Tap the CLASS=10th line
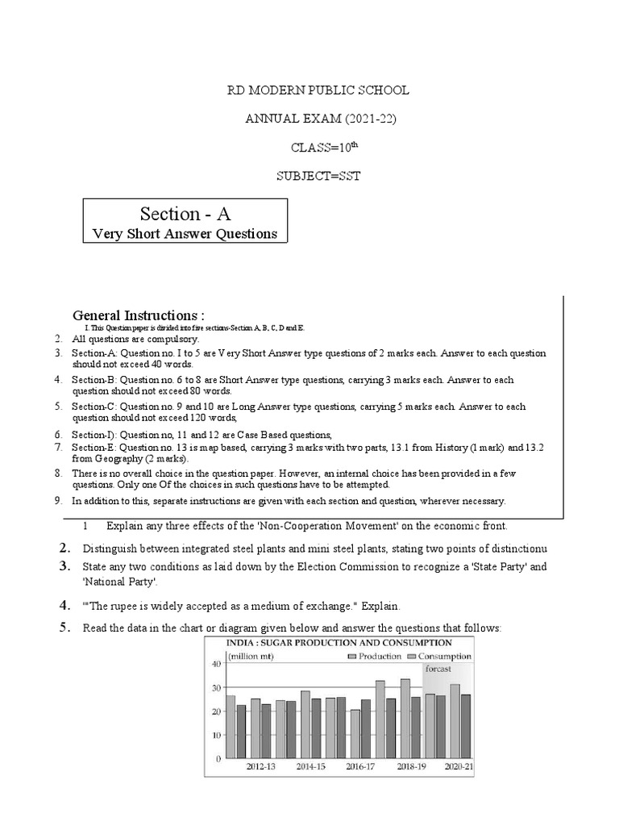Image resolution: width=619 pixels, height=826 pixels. pos(321,148)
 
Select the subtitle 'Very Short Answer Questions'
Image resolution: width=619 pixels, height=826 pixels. pos(185,234)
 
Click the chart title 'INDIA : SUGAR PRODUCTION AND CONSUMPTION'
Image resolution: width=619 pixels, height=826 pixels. pos(339,643)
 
